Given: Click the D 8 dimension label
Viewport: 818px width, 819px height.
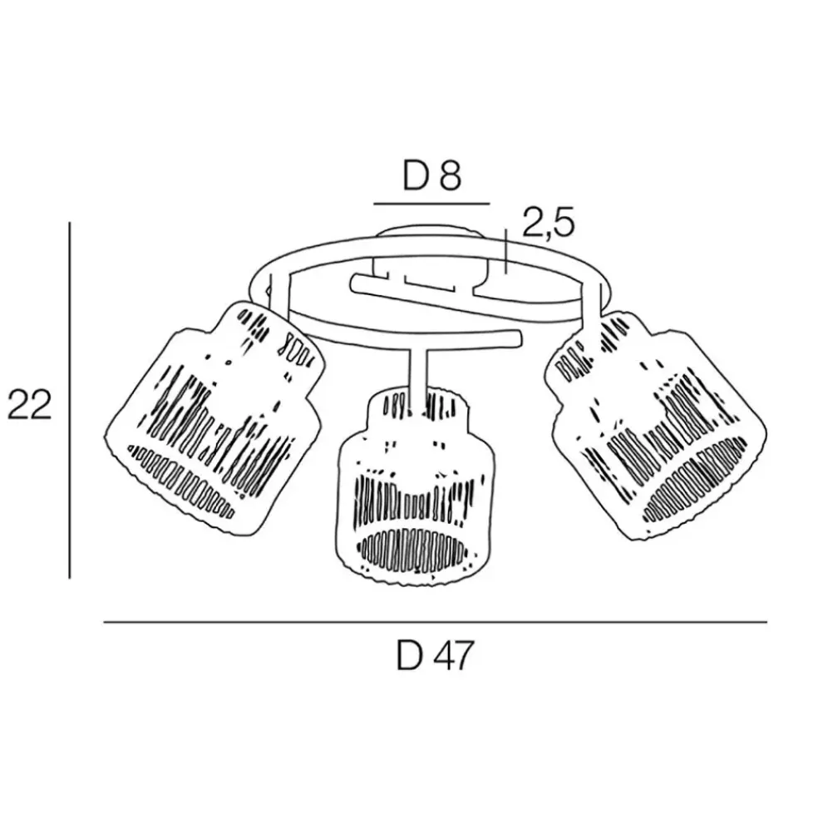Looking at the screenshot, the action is (432, 176).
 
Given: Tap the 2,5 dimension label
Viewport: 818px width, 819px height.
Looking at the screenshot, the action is (548, 223).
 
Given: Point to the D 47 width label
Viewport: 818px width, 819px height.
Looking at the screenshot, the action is (435, 656).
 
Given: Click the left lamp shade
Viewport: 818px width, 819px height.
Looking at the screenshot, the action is (214, 419).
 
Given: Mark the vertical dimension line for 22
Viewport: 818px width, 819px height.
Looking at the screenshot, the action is (70, 400).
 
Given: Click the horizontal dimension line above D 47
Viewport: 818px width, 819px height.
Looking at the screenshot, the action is (435, 622).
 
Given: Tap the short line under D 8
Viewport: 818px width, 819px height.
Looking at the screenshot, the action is (432, 203).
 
